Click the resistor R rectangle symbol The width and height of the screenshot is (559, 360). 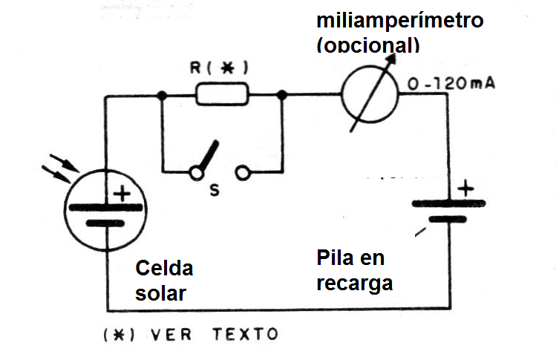(222, 95)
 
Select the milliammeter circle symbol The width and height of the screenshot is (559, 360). (368, 94)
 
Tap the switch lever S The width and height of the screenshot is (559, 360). (208, 156)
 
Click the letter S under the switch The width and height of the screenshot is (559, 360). (214, 191)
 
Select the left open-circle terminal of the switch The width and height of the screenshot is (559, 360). (196, 173)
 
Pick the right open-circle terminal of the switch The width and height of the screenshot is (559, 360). (244, 173)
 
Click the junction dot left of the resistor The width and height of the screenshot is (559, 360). (161, 95)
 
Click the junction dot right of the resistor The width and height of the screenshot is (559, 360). (283, 95)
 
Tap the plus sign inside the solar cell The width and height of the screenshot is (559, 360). (121, 194)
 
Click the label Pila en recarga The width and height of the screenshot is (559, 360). (354, 271)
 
